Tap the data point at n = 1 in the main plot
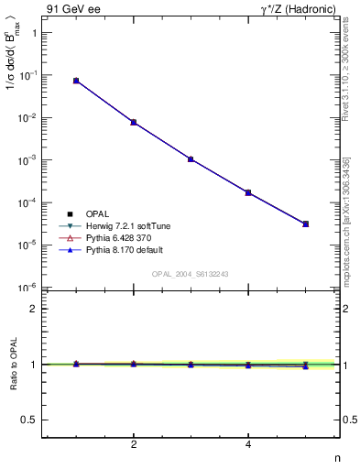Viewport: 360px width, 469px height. [x=76, y=81]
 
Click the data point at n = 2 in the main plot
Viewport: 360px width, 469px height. [x=134, y=122]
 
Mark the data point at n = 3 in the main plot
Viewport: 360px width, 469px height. [x=191, y=158]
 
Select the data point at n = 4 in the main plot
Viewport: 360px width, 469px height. [x=248, y=192]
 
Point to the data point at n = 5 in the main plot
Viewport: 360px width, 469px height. [x=306, y=224]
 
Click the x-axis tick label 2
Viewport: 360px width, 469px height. [x=134, y=445]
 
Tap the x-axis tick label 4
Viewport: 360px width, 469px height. [x=248, y=445]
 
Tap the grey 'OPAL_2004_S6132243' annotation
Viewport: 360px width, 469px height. [x=191, y=275]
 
